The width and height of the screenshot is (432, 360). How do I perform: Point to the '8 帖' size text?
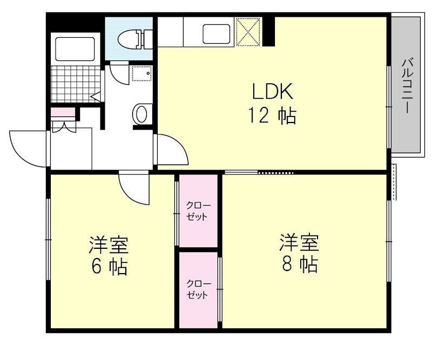pyautogui.click(x=299, y=264)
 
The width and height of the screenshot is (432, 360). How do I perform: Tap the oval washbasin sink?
pyautogui.click(x=140, y=113)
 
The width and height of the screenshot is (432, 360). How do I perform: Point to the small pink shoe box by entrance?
pyautogui.click(x=63, y=112)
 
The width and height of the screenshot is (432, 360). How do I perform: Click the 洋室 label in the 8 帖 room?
pyautogui.click(x=299, y=242)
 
